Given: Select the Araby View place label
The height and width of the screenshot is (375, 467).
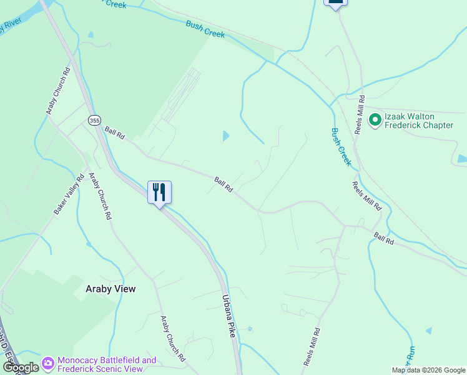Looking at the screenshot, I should [111, 289].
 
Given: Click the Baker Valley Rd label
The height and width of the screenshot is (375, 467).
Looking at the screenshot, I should [69, 195].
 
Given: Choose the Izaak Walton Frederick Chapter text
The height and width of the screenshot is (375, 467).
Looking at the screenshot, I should [418, 121].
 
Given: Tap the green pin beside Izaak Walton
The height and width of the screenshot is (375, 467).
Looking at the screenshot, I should [375, 119].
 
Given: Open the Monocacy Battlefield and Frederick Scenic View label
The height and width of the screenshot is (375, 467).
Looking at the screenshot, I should [106, 364].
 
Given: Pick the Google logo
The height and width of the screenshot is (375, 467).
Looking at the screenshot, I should [21, 367].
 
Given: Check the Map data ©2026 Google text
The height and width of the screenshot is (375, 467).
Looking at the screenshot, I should [428, 370].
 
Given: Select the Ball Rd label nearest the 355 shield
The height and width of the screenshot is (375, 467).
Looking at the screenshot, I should [115, 133].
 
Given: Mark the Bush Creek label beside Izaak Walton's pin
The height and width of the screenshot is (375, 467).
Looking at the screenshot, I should [341, 147].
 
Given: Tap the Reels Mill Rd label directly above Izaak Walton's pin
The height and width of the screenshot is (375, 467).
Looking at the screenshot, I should [361, 107].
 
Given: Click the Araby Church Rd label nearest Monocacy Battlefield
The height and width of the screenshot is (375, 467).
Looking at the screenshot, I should [173, 339].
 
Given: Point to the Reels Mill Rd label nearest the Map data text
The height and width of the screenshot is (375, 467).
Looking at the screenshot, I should [312, 347].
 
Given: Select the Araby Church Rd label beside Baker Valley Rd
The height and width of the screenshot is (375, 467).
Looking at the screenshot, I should [99, 196].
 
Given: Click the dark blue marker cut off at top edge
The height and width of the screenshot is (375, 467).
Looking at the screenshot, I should [335, 3].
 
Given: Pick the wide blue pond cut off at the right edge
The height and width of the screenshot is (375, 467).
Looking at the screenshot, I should [462, 159].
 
